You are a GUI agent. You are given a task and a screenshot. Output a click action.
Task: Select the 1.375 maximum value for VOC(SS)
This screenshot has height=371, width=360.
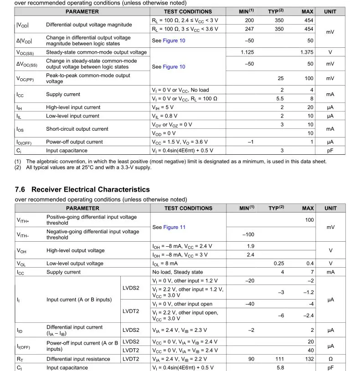(307, 52)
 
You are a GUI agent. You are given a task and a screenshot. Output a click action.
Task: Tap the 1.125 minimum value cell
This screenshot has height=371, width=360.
(247, 52)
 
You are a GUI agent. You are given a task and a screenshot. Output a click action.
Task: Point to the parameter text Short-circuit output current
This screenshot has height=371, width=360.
(77, 129)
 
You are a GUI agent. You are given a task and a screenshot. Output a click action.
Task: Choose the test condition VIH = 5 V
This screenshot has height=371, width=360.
(165, 107)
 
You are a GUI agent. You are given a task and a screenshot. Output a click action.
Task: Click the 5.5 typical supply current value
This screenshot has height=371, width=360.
(279, 99)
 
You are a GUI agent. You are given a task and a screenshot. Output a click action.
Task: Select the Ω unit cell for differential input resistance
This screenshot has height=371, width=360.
(330, 359)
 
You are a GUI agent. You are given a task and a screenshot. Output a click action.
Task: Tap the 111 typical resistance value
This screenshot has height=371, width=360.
(279, 359)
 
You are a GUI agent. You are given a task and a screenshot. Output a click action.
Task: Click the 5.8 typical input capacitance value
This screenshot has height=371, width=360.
(280, 367)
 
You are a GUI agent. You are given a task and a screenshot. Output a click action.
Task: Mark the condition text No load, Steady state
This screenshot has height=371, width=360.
(178, 272)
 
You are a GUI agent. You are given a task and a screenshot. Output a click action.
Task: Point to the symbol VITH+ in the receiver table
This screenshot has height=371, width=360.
(23, 220)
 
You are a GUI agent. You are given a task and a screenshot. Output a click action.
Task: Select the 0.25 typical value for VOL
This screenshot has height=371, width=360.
(279, 264)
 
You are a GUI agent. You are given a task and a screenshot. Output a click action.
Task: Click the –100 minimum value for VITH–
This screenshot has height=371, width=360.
(248, 234)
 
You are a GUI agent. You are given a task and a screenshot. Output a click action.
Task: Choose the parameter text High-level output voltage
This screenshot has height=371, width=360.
(75, 250)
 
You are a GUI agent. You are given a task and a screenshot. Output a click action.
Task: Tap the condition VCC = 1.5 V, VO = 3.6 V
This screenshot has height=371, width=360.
(182, 142)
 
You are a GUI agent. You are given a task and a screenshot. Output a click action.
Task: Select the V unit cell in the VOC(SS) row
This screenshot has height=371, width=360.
(330, 52)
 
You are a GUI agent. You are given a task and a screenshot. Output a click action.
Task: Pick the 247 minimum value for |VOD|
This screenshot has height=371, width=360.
(249, 29)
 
